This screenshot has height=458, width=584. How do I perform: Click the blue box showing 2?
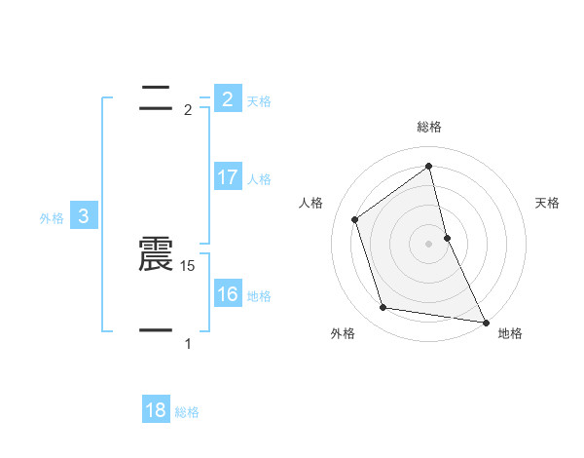(227, 98)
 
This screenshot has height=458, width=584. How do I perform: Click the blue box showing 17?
(227, 177)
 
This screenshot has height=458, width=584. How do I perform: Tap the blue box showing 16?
(227, 294)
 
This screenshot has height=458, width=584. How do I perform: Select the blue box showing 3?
(84, 216)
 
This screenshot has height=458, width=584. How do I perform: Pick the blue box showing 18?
(156, 410)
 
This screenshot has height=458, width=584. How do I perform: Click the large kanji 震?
(156, 255)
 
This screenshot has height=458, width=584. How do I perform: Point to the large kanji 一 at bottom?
(156, 331)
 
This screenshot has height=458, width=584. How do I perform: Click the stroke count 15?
(189, 265)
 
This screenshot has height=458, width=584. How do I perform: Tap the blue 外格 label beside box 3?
(52, 218)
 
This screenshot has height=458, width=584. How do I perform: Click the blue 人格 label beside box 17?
(259, 179)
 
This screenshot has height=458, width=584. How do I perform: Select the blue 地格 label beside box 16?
(259, 296)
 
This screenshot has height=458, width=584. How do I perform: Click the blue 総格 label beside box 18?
(187, 412)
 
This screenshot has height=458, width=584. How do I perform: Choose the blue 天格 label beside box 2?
(259, 100)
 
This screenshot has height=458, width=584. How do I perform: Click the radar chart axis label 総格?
(429, 127)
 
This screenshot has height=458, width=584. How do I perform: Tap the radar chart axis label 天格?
(548, 203)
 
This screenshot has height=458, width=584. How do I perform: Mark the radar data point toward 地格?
(485, 322)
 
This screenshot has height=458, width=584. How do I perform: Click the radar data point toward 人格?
(355, 219)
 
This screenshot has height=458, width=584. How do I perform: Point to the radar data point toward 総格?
(429, 166)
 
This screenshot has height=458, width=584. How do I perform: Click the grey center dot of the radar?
(429, 243)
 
